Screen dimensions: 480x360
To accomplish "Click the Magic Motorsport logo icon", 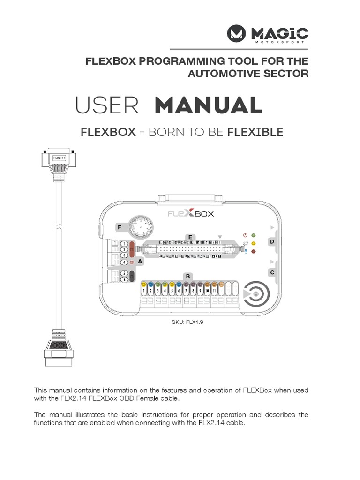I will (238, 34).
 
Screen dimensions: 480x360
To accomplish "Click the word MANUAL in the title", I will (208, 106).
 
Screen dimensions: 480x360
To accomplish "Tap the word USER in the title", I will (107, 106).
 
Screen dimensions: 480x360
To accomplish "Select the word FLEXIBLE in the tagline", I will (255, 132).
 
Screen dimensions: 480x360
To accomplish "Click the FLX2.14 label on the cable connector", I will (60, 158).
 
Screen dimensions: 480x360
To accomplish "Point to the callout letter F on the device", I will (120, 228).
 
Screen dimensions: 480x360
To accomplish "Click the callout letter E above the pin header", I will (190, 238).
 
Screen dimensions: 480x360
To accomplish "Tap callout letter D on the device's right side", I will (271, 242).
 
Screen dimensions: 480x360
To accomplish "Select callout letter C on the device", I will (271, 272).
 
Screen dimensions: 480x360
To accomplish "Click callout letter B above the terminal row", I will (187, 276).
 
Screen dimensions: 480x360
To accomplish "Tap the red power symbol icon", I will (245, 235).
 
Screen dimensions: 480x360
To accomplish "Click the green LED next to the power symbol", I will (254, 235).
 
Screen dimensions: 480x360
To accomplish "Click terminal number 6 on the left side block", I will (124, 279).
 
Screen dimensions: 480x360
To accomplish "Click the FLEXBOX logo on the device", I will (191, 214).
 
